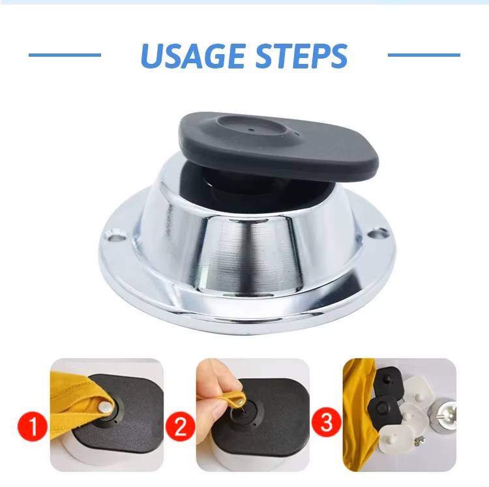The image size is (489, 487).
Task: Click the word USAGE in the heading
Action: [193, 56]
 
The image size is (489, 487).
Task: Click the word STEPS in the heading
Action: [302, 56]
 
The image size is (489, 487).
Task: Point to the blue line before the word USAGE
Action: [65, 55]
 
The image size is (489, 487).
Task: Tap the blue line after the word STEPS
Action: [424, 55]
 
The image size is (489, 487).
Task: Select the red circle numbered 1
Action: [33, 426]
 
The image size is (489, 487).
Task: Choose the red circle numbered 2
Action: [180, 426]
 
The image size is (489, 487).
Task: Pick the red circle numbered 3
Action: [327, 422]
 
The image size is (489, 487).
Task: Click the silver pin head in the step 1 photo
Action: [104, 406]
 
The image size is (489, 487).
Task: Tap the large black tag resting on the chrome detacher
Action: [278, 146]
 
